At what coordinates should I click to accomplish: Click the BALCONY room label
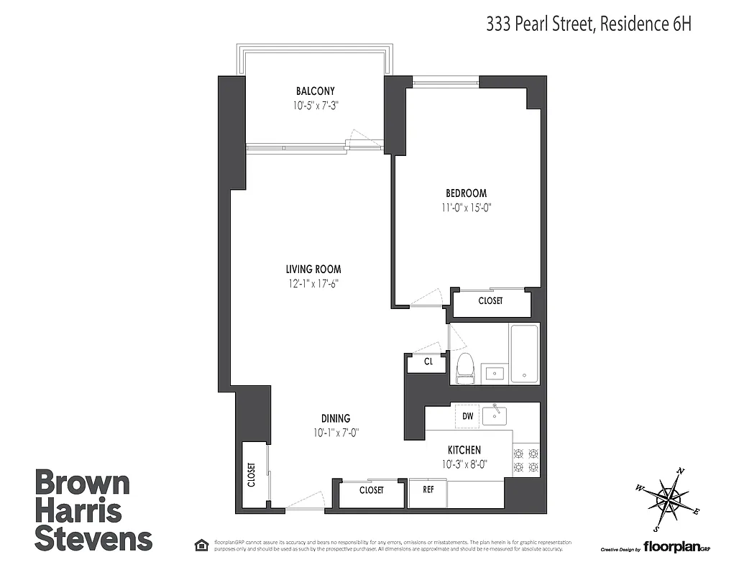point(315,91)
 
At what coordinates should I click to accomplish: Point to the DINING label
point(336,418)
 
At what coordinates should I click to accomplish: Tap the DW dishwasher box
point(467,416)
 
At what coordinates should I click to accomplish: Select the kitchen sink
point(495,415)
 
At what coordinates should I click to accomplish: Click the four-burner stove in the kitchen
point(525,460)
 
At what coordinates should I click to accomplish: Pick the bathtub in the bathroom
point(524,354)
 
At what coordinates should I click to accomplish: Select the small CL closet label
point(428,362)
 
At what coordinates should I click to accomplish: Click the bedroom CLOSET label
point(490,300)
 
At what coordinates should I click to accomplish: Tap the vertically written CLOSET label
point(252,474)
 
